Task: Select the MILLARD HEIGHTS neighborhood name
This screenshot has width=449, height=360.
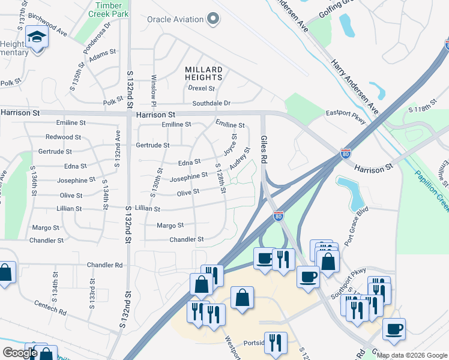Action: pos(203,74)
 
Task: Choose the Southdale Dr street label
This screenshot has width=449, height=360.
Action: pos(211,103)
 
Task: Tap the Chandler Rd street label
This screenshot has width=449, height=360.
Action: pos(104,265)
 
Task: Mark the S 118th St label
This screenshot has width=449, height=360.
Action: pos(421,110)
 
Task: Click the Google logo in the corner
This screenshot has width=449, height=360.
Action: pos(20,353)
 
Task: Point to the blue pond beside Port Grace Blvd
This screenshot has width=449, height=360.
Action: pos(349,191)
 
